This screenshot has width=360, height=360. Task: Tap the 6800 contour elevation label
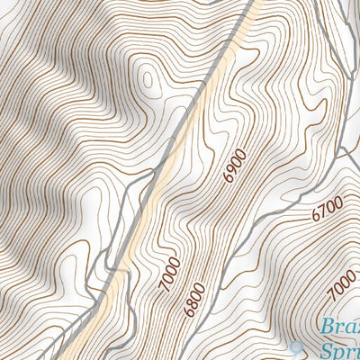[x=193, y=300]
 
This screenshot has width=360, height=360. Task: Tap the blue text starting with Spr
[x=337, y=351]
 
